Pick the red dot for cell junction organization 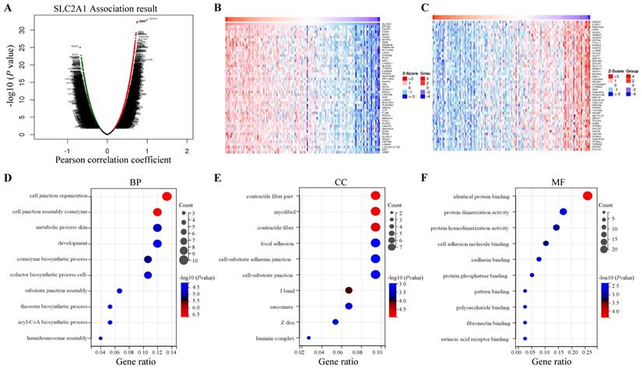pyautogui.click(x=167, y=196)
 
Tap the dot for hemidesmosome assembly pyautogui.click(x=100, y=338)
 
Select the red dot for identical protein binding pyautogui.click(x=587, y=196)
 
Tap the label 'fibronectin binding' pyautogui.click(x=486, y=322)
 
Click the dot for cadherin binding pyautogui.click(x=539, y=259)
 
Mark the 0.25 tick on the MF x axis pyautogui.click(x=587, y=352)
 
